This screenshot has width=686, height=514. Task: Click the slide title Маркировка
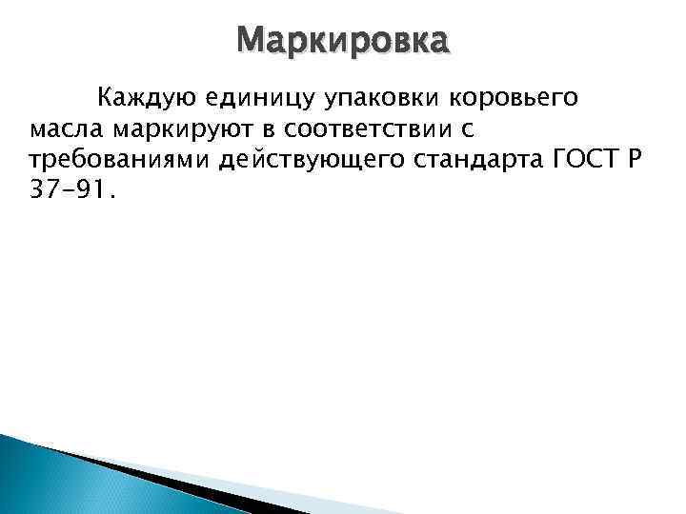coord(342,41)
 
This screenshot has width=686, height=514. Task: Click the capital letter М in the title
coord(252,41)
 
